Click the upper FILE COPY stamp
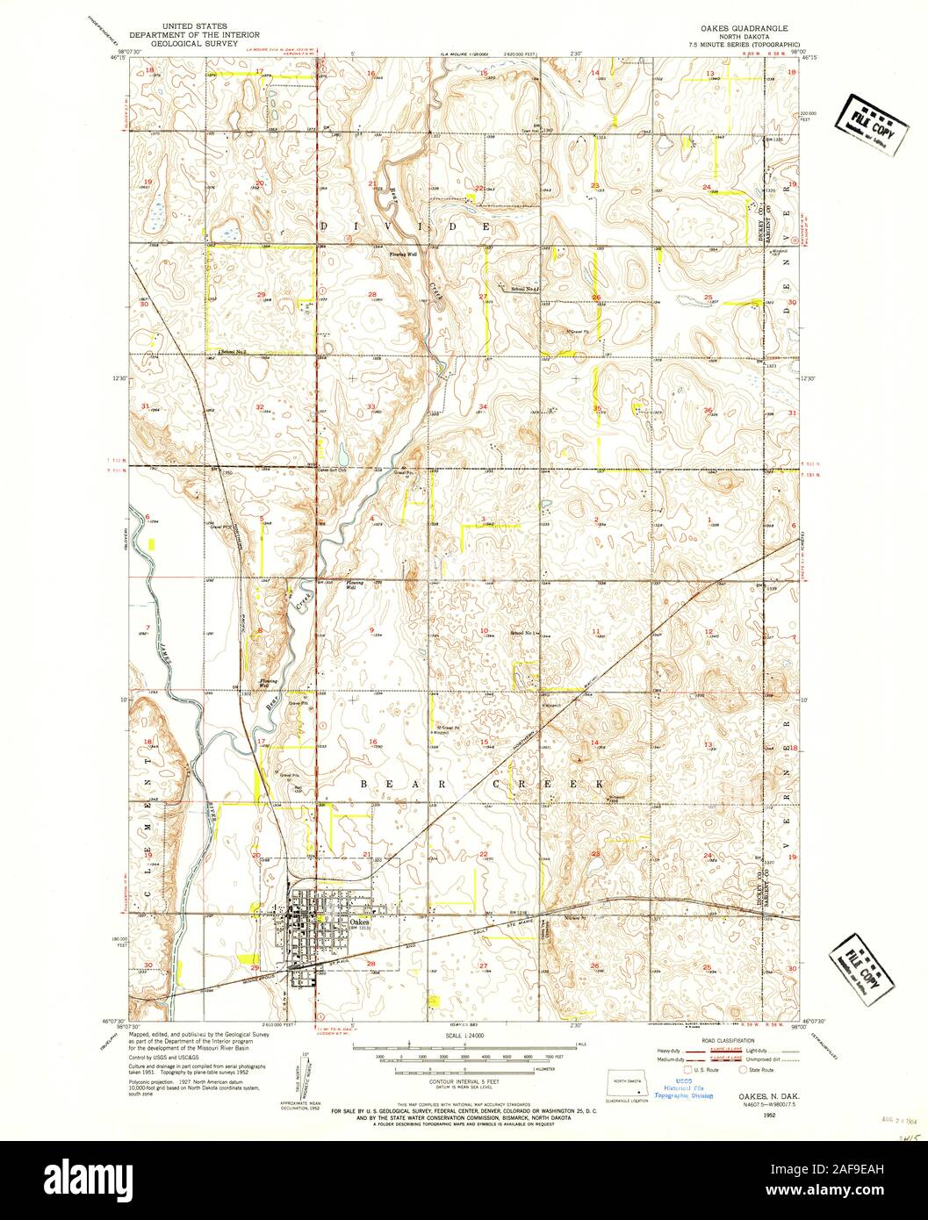pos(870,124)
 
